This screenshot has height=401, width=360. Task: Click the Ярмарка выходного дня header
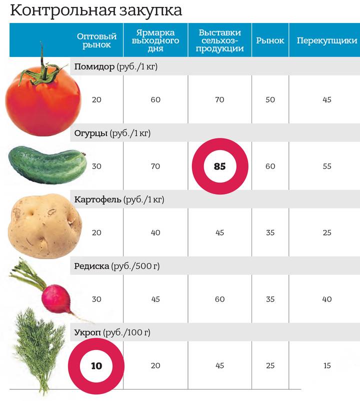[x=155, y=40]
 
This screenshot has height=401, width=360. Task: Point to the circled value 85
[x=219, y=166]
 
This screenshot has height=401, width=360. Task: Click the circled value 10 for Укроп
[x=96, y=366]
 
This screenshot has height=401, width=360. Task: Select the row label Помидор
[x=94, y=66]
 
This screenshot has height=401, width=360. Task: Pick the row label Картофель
[x=98, y=199]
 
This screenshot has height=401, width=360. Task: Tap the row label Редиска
[x=92, y=266]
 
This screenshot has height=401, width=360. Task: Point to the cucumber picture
[x=47, y=165]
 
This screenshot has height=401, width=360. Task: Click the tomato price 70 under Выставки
[x=219, y=100]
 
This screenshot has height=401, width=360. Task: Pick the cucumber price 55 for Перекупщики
[x=327, y=166]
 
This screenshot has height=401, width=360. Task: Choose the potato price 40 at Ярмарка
[x=155, y=233]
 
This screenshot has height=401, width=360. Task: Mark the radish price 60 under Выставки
[x=219, y=299]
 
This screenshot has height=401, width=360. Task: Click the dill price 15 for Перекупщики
[x=327, y=366]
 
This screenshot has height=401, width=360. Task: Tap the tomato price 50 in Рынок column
[x=270, y=100]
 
